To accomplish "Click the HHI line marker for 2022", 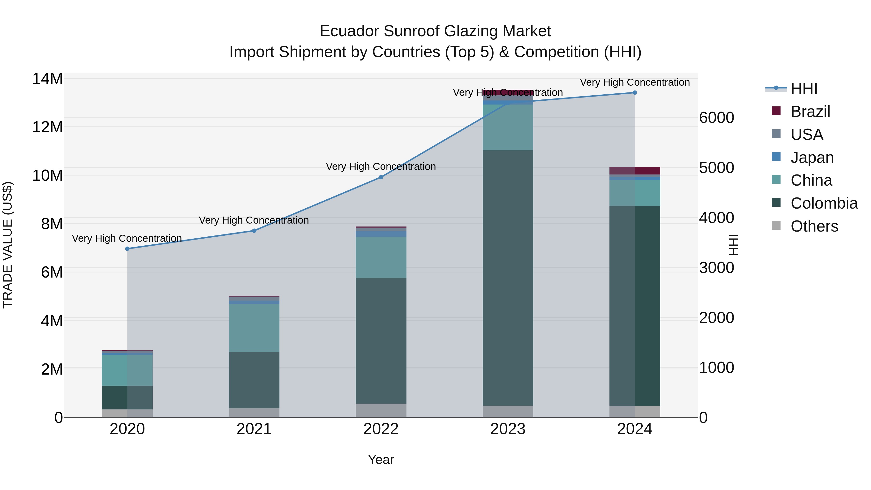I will coord(381,177).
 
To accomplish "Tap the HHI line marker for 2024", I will coord(635,93).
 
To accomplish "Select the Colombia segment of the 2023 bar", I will coord(508,277).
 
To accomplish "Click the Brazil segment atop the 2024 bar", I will coord(635,171).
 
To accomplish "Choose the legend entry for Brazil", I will coord(810,112).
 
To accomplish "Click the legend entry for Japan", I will coord(812,158).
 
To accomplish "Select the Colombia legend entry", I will coord(824,203).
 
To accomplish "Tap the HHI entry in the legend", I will coord(804,89).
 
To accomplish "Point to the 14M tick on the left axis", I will coord(47,79).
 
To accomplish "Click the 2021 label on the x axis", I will coord(254,429).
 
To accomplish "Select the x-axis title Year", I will coord(381,460).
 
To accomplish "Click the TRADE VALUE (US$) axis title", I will coord(8,245).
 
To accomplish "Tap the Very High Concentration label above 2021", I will coord(254,220).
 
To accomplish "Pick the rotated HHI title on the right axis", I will coord(733,245).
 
